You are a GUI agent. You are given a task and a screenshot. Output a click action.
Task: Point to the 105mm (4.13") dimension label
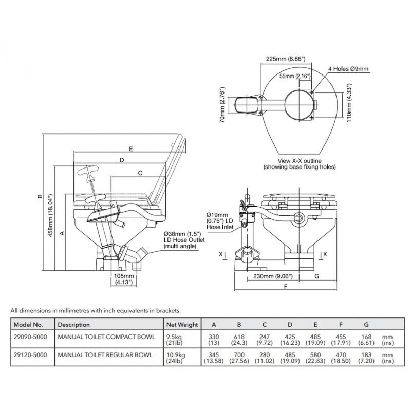[124, 279]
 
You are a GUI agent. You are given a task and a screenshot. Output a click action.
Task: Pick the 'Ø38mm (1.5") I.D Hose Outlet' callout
[183, 239]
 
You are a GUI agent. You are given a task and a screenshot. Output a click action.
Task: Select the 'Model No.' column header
[32, 325]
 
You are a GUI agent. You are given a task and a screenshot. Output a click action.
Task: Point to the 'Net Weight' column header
[181, 325]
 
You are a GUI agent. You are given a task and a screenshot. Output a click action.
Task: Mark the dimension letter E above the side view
[132, 149]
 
